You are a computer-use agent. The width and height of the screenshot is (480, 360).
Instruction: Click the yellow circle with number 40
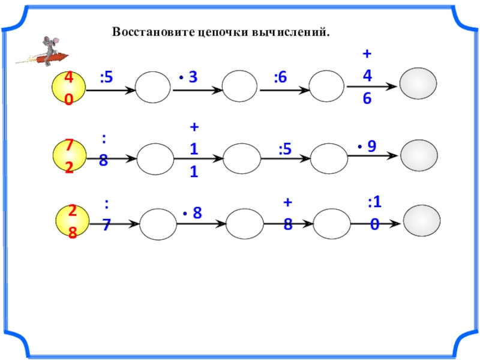click(x=69, y=88)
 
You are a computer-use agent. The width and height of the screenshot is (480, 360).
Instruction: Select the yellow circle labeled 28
click(x=71, y=221)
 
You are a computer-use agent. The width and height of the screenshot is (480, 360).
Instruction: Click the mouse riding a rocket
click(x=46, y=52)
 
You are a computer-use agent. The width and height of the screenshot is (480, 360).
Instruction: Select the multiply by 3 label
click(x=188, y=77)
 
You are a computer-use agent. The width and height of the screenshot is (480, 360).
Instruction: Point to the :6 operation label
click(x=281, y=77)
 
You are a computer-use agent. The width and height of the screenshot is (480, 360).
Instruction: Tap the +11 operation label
click(x=194, y=149)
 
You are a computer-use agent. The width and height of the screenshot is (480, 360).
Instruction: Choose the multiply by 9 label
click(x=368, y=146)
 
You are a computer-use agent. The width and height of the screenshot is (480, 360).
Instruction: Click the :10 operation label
click(x=374, y=212)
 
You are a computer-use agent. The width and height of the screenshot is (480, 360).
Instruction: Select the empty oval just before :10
click(x=331, y=223)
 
